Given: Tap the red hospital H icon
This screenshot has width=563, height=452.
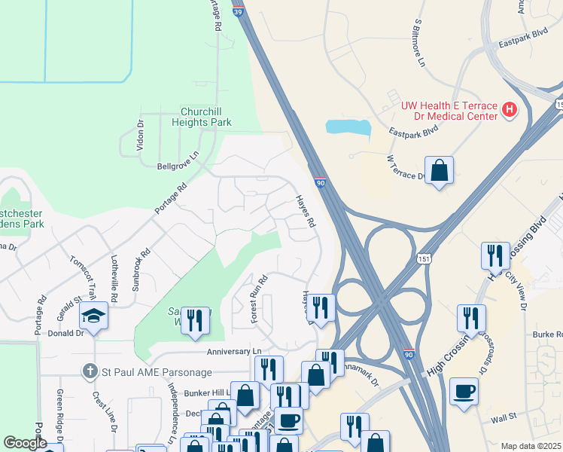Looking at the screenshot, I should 510,110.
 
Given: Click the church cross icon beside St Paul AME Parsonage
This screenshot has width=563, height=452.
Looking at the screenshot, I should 90,371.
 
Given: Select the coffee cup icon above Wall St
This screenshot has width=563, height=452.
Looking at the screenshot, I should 463,391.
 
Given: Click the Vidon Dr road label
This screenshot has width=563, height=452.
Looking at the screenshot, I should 140,135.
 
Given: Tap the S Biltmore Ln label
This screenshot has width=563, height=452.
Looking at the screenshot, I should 420,41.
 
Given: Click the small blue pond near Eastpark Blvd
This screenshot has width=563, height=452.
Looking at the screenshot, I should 348,127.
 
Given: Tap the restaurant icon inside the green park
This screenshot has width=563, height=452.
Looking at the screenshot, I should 195,320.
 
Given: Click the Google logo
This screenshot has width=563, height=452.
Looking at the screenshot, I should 25,443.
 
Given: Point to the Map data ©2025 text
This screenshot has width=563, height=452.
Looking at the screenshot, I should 531,446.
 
